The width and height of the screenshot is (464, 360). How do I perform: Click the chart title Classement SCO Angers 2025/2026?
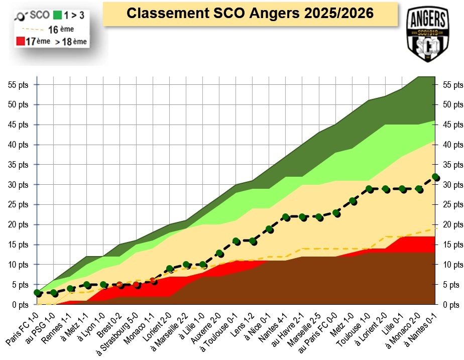coord(250,14)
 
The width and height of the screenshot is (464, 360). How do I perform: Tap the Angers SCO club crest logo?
coord(428,34)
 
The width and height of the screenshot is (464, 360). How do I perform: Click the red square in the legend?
coord(21,41)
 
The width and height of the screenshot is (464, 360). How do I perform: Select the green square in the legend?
coord(57,15)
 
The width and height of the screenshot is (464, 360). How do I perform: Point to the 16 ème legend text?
coord(61,29)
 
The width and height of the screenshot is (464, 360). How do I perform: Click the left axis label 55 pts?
coord(18,85)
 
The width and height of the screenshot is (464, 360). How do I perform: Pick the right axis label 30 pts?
coord(453,185)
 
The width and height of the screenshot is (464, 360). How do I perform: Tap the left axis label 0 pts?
coord(20,305)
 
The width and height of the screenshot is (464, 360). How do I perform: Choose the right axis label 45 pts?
coord(453,125)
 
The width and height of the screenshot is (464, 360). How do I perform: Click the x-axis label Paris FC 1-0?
coord(22,328)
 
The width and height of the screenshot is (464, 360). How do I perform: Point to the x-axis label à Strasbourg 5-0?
coord(117,334)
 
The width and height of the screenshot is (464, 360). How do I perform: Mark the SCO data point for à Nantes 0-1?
coord(435,177)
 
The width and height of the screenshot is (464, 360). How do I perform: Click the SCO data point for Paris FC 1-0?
coord(37,293)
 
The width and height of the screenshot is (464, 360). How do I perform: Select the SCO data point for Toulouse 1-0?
coord(369,189)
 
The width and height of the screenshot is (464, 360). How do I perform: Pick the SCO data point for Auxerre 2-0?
coord(219,253)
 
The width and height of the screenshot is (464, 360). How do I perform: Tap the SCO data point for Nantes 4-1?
coord(286,217)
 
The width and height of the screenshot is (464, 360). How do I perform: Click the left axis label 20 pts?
coord(18,225)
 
